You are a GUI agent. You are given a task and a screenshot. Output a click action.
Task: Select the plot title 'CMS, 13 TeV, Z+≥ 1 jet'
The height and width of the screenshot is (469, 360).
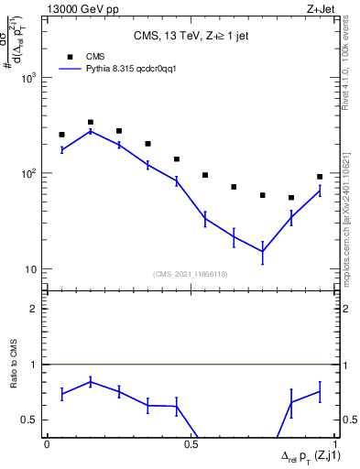[x=190, y=38]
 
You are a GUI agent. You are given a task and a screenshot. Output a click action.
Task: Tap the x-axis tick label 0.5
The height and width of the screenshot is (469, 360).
[x=191, y=445]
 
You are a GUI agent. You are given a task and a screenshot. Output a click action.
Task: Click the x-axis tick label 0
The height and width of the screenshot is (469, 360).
[x=47, y=445]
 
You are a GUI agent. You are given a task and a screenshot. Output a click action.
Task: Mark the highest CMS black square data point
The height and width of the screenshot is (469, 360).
[x=91, y=122]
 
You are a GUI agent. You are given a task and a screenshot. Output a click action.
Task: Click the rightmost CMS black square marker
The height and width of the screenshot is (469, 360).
[x=320, y=177]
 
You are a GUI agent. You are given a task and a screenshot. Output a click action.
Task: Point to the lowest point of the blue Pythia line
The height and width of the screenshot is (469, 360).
[x=262, y=251]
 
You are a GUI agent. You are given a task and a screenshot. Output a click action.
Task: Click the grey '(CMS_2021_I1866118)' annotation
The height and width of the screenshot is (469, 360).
[x=191, y=274]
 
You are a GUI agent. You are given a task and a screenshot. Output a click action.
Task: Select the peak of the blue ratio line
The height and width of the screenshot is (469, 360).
[x=91, y=381]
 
